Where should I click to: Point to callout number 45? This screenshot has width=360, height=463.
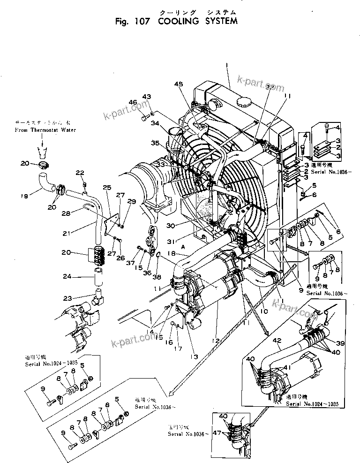pos(178,85)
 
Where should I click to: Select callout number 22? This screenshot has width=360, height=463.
pos(80,172)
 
